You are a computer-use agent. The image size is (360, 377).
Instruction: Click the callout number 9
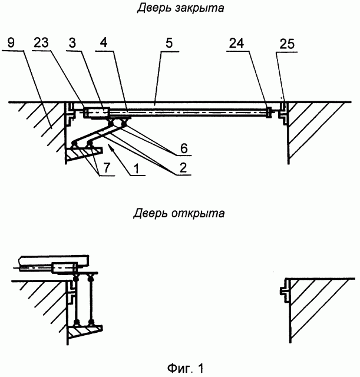coord(13,44)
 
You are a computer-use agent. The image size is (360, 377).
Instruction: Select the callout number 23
coord(44,44)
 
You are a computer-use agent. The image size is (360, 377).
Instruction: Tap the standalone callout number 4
coord(104,44)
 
